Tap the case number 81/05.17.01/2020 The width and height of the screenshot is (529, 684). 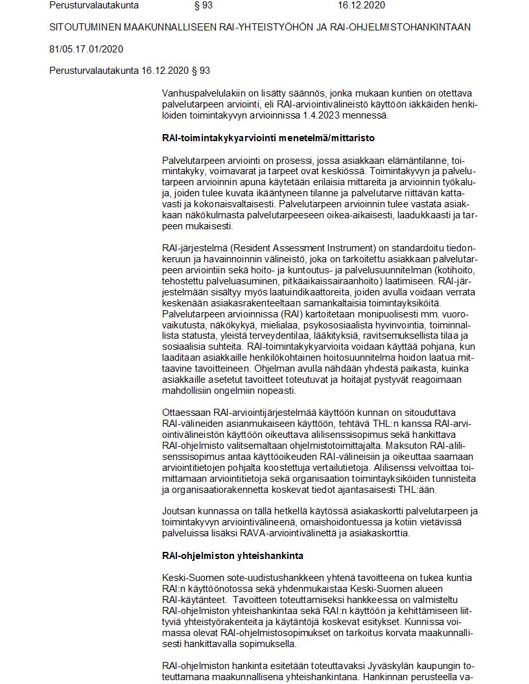coord(86,49)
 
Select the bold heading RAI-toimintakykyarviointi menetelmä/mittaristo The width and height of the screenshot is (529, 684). coord(268,138)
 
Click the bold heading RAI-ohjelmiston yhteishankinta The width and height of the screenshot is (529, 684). coord(232,555)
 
